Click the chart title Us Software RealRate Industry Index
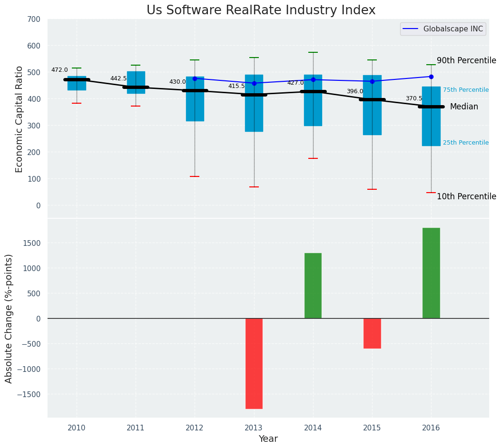261,10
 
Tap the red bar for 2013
254,363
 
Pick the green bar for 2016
431,273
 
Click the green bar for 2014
313,286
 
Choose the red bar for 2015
372,333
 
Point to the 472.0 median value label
59,70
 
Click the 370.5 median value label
414,99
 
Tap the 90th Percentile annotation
466,61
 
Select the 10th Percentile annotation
466,197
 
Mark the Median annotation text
464,107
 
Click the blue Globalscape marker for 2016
431,77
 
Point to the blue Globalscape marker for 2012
195,78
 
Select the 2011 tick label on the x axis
136,428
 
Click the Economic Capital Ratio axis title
20,119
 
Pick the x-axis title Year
268,439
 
